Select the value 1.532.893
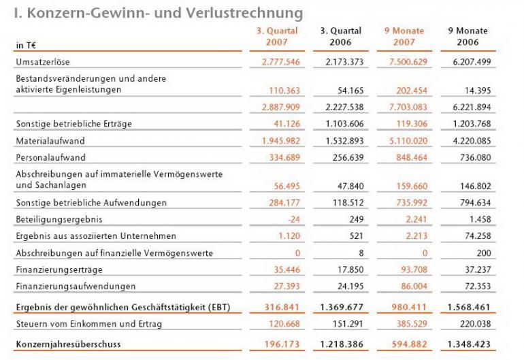342,141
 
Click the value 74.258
477,236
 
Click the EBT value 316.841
282,307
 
